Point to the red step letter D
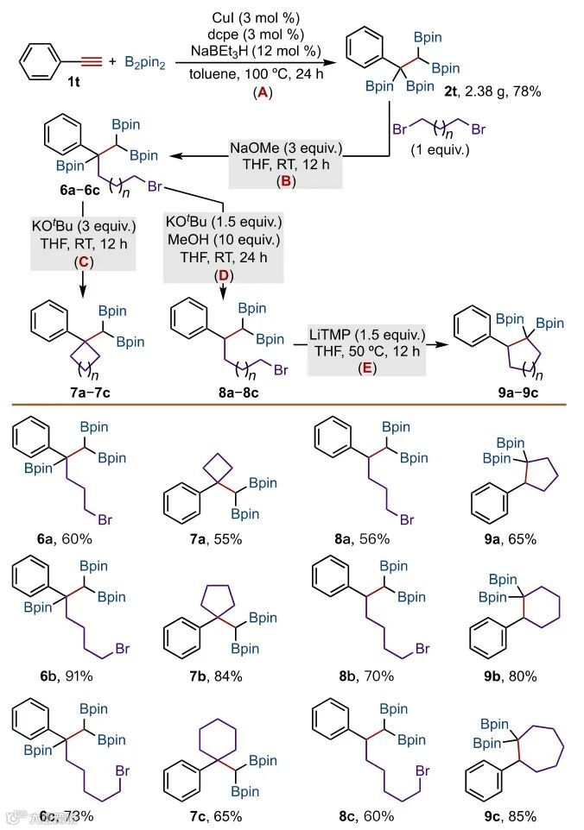pyautogui.click(x=222, y=274)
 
